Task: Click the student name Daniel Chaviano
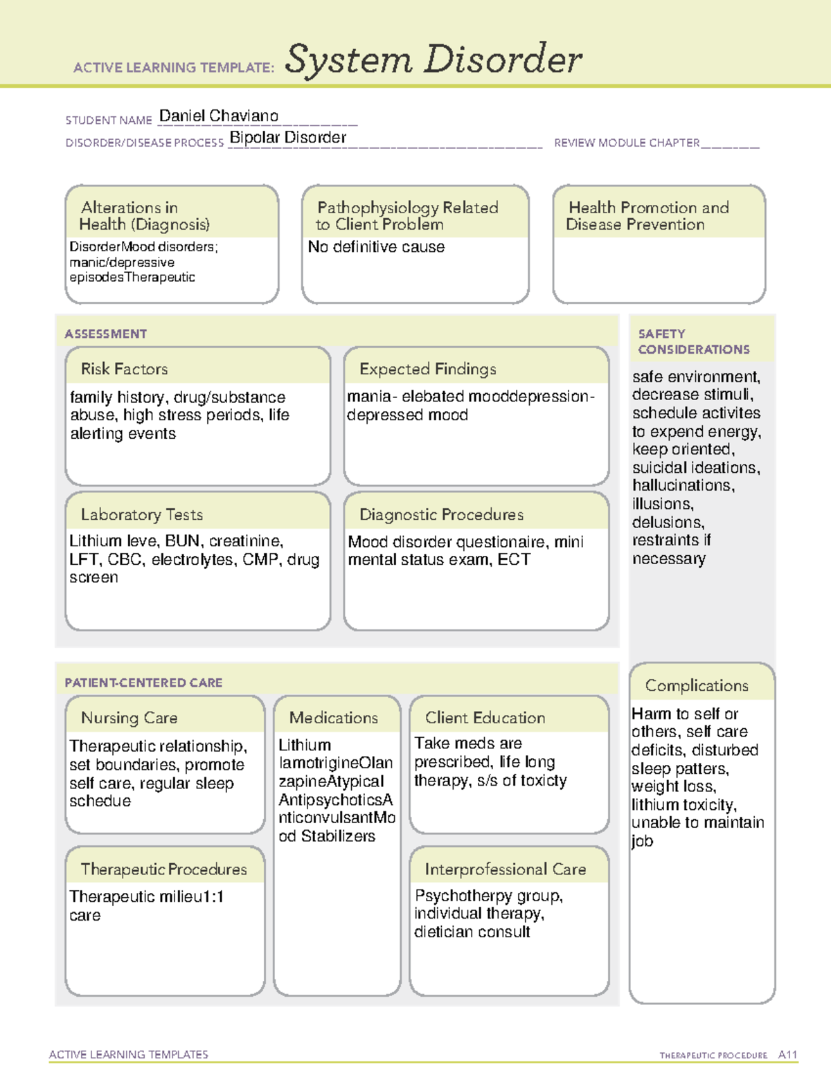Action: [218, 116]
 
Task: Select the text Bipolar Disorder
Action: [287, 138]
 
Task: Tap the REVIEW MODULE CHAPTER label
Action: [627, 143]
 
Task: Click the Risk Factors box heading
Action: [124, 369]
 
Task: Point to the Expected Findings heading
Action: [427, 369]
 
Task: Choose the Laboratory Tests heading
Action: [141, 514]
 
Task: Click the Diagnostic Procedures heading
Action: [441, 514]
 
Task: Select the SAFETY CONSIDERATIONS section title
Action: [693, 342]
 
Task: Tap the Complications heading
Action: [697, 685]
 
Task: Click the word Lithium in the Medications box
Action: [305, 746]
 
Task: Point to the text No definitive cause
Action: [376, 247]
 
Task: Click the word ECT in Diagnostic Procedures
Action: [514, 560]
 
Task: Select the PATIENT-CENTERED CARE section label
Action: [143, 683]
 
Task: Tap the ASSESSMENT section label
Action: [105, 334]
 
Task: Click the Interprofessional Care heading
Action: [505, 869]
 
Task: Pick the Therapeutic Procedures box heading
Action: [163, 869]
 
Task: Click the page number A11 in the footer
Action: [787, 1055]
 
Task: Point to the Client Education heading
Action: [485, 718]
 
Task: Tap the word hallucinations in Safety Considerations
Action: [683, 486]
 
